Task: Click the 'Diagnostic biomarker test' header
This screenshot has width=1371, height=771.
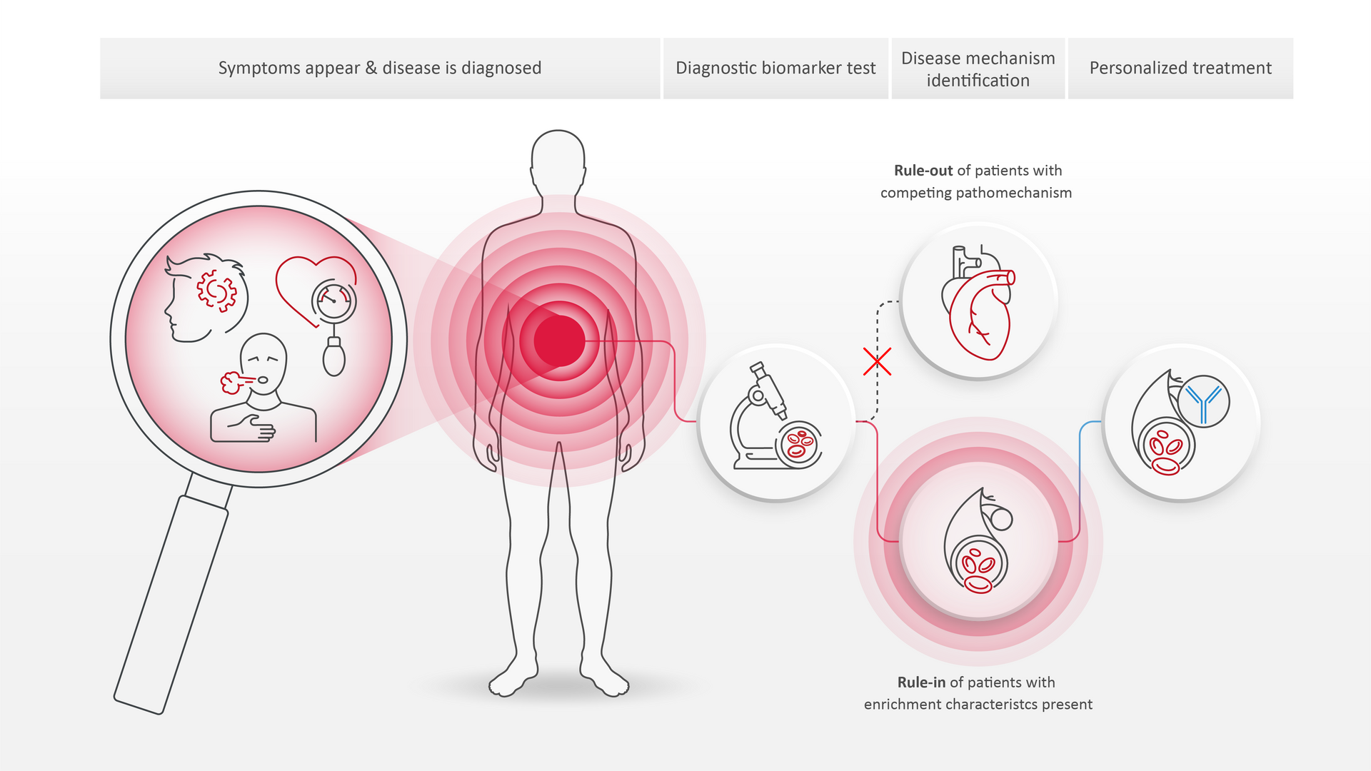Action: coord(775,68)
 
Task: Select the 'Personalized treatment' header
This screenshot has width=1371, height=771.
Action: coord(1180,68)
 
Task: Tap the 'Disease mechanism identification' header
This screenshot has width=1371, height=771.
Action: coord(978,69)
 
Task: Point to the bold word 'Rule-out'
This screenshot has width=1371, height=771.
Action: coord(923,171)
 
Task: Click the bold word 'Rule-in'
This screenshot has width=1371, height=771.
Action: coord(921,682)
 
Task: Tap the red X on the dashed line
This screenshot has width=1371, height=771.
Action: coord(877,362)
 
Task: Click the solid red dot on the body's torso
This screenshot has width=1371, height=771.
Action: coord(559,341)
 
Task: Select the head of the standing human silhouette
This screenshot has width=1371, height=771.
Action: coord(558,157)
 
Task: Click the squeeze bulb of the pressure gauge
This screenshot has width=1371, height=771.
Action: coord(333,358)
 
